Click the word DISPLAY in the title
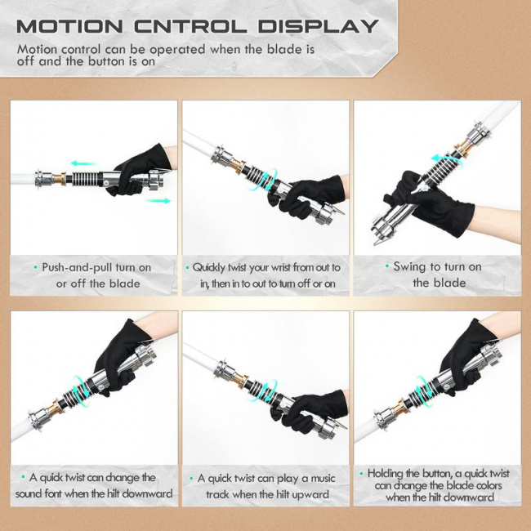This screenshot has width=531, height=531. tap(318, 26)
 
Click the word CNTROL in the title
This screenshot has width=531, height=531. tap(190, 26)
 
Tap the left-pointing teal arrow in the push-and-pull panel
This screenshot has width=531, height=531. tap(83, 163)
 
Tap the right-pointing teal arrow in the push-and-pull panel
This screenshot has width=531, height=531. tap(158, 201)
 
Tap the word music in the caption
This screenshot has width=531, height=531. tap(323, 479)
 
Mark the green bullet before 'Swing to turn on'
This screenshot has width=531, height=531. tap(387, 266)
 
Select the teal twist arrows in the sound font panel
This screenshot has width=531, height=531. tap(81, 391)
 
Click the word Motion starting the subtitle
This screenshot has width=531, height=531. tap(38, 50)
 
